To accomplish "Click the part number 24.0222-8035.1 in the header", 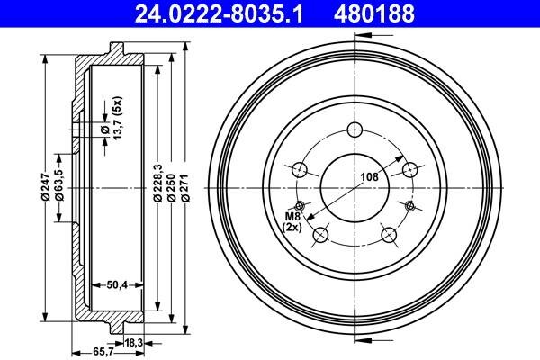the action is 219,13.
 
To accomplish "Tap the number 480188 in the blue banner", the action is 374,13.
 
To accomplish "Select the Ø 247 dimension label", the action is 46,187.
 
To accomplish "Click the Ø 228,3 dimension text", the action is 157,183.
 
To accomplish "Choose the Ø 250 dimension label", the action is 171,188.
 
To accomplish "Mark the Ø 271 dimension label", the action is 185,188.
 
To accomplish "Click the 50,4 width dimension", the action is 117,284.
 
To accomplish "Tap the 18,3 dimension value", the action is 133,343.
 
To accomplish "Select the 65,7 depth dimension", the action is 103,352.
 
